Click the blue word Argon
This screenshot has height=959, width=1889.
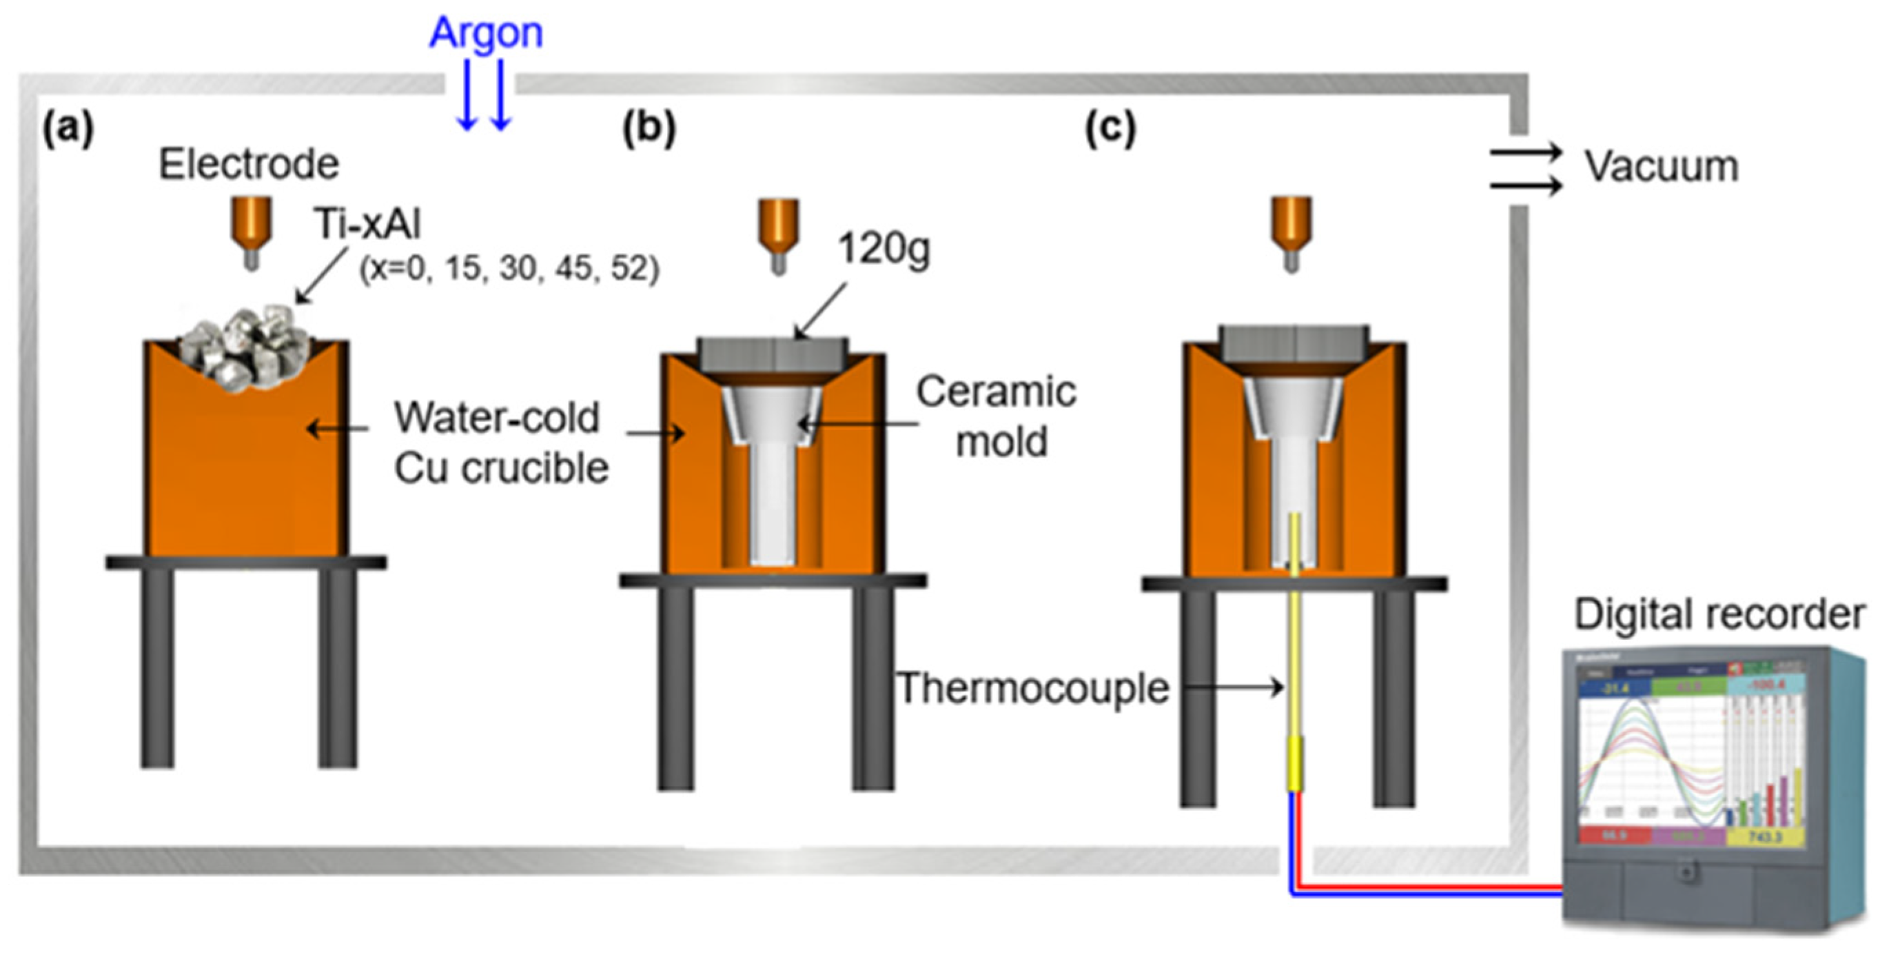click(485, 33)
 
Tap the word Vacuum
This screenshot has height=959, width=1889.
click(1661, 167)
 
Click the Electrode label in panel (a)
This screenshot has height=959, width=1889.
click(249, 163)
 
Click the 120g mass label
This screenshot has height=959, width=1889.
click(884, 250)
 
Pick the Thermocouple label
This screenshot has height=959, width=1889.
click(1032, 688)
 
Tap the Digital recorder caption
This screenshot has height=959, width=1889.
click(1719, 614)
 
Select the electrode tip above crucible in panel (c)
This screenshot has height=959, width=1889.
click(1291, 261)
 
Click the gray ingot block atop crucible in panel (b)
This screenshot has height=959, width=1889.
click(772, 355)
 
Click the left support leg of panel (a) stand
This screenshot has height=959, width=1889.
click(158, 667)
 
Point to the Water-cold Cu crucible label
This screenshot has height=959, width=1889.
click(501, 443)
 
